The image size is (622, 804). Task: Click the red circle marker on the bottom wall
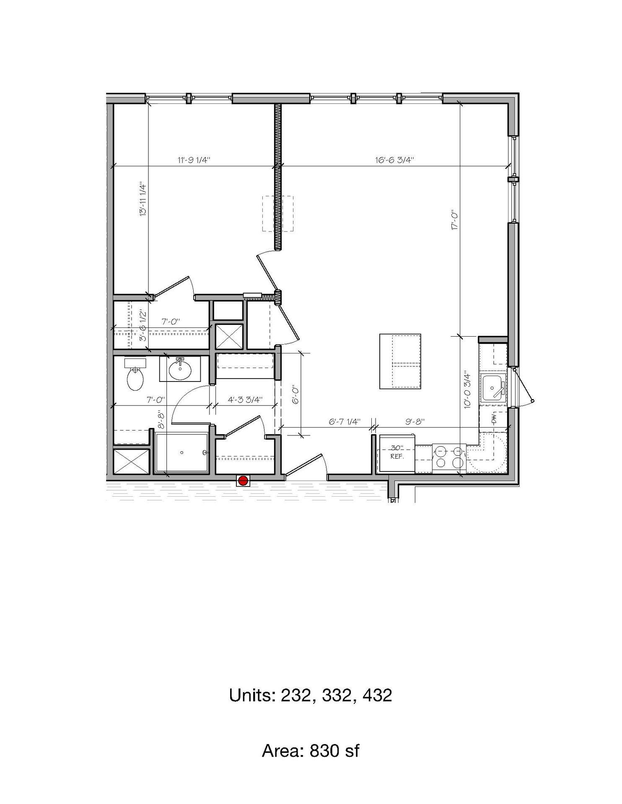point(243,481)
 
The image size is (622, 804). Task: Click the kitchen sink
point(494,388)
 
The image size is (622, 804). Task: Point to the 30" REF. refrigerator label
point(396,452)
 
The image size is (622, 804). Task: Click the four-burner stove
point(449,457)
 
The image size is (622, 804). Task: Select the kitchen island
point(400,361)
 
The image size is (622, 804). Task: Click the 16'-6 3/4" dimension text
point(394,160)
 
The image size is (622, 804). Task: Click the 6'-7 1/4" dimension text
point(345,422)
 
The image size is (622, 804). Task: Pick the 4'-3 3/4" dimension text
point(245,399)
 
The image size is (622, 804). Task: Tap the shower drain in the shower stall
point(182,452)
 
